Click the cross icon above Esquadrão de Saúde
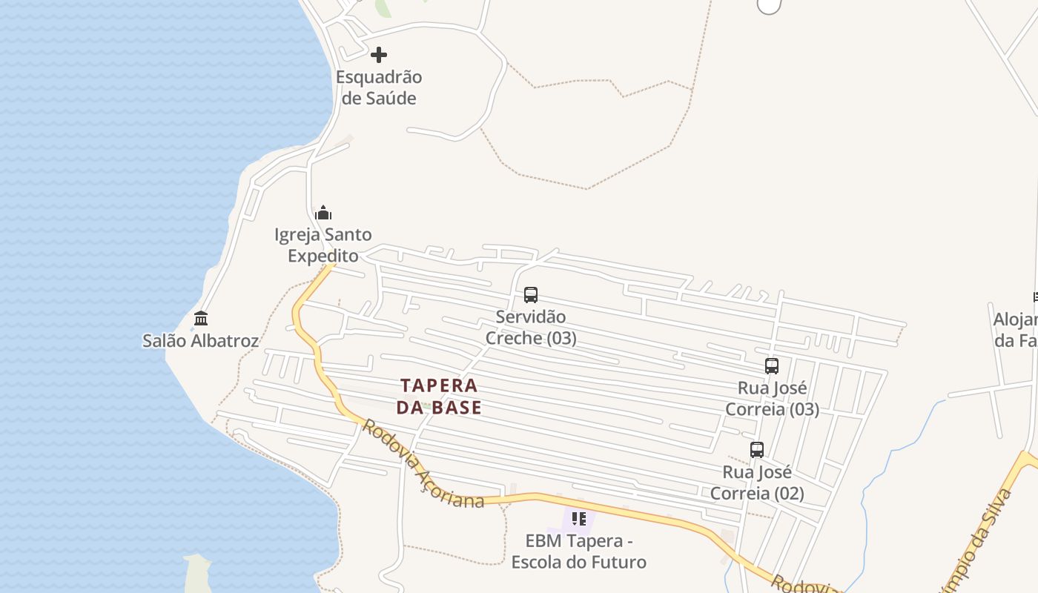(379, 55)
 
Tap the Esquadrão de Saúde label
(379, 87)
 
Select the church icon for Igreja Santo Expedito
(323, 213)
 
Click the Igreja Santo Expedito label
(323, 245)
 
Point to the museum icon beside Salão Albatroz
(201, 319)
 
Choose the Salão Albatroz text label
(201, 341)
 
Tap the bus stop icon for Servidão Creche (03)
(531, 295)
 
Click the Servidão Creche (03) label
(531, 328)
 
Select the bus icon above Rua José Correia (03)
(772, 366)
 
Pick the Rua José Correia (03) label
(772, 399)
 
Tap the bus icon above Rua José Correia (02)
(757, 450)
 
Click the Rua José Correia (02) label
(757, 483)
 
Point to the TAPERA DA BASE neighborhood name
(439, 397)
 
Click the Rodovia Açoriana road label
(423, 466)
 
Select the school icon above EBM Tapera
(579, 519)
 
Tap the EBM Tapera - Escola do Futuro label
(579, 551)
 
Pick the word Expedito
(323, 256)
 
